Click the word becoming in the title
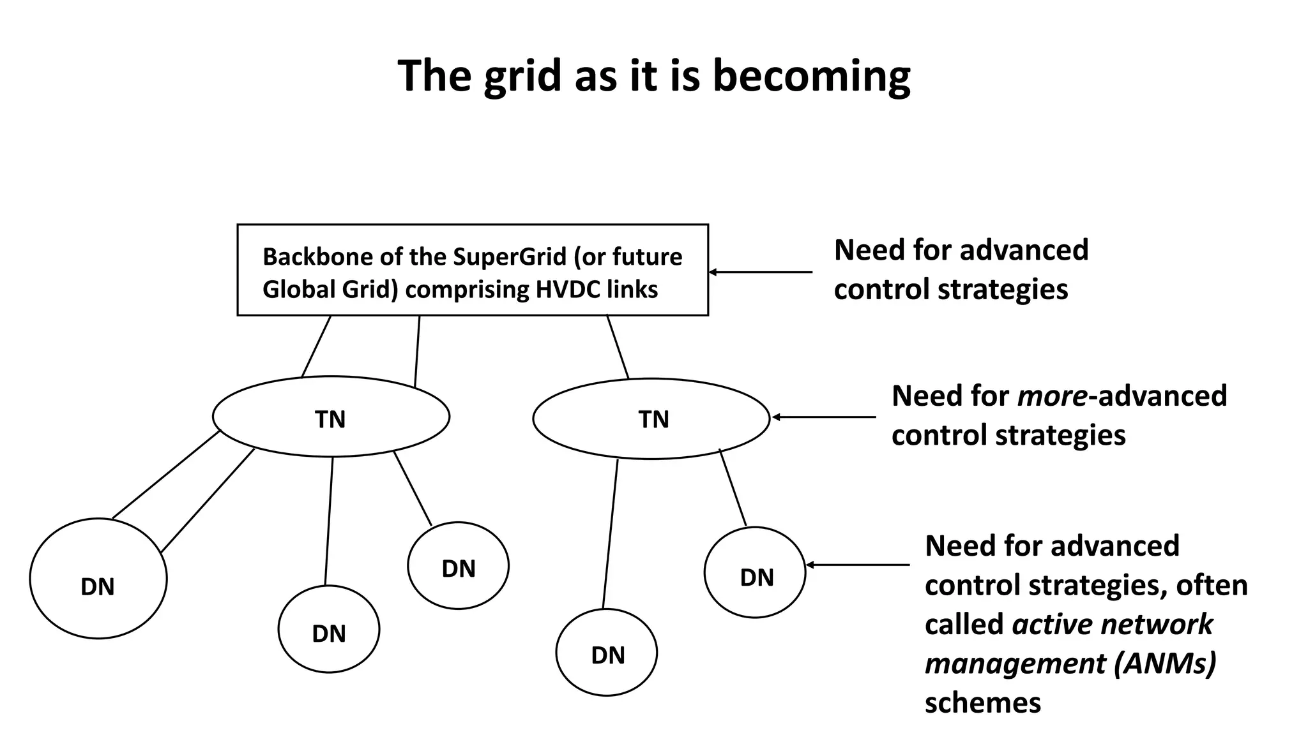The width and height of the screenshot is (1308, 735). pyautogui.click(x=811, y=77)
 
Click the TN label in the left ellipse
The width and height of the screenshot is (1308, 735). pyautogui.click(x=330, y=419)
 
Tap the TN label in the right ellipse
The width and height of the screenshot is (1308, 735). pyautogui.click(x=653, y=419)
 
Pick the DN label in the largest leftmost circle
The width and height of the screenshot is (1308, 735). pyautogui.click(x=98, y=587)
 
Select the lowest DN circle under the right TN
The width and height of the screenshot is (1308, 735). pyautogui.click(x=607, y=653)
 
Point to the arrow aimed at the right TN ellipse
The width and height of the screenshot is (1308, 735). pyautogui.click(x=824, y=417)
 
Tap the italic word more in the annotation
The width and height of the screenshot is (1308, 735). pyautogui.click(x=1052, y=396)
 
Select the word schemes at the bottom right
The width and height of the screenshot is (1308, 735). pyautogui.click(x=982, y=703)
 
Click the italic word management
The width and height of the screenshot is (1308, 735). pyautogui.click(x=1015, y=664)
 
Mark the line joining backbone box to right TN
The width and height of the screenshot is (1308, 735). pyautogui.click(x=618, y=347)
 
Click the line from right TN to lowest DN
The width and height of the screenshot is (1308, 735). pyautogui.click(x=611, y=533)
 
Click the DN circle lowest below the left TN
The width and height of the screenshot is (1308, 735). pyautogui.click(x=329, y=630)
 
